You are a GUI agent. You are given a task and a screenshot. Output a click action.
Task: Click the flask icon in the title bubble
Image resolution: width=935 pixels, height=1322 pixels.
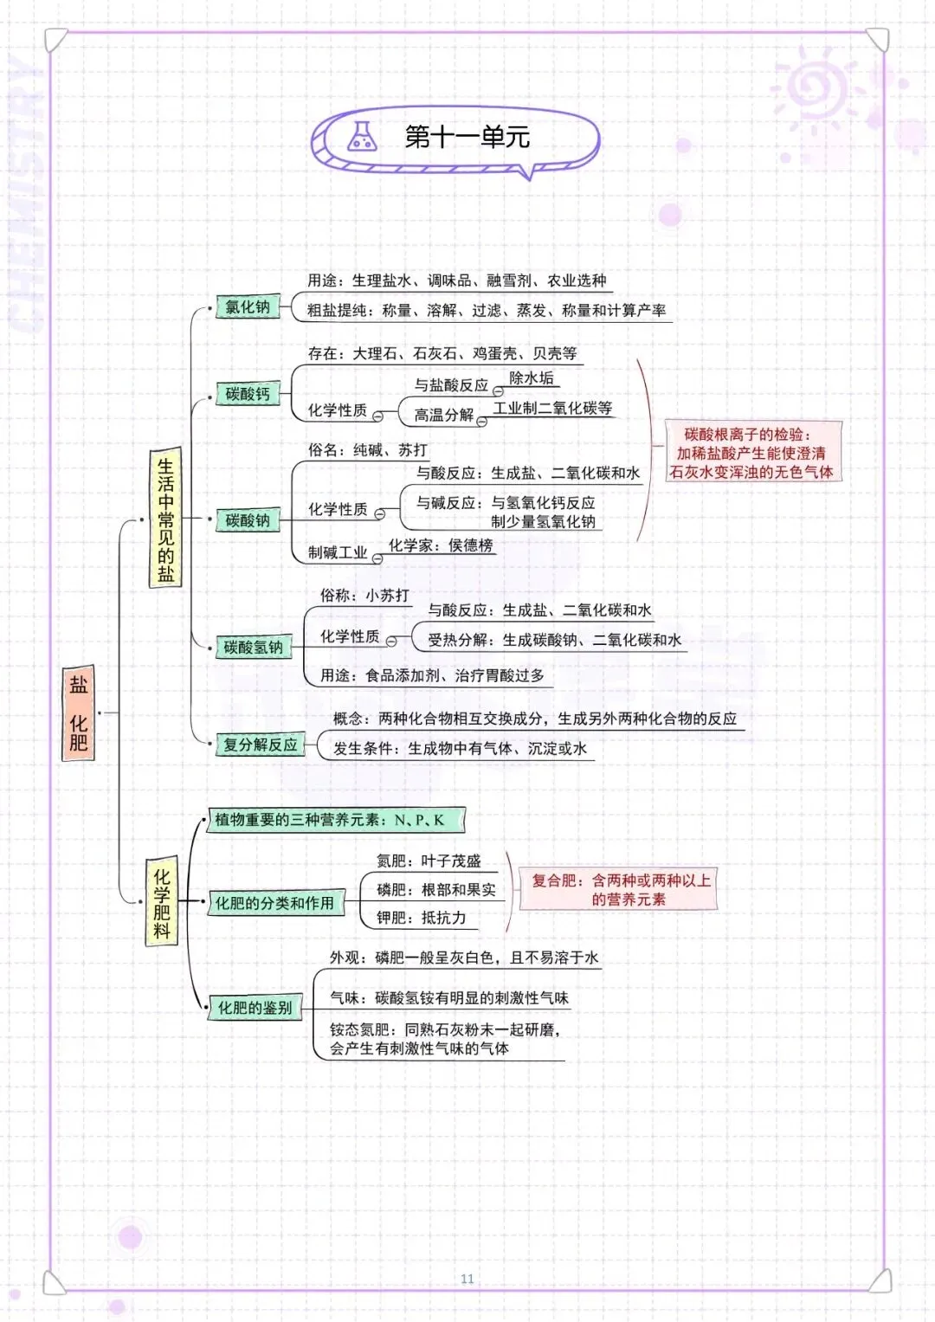[x=362, y=137]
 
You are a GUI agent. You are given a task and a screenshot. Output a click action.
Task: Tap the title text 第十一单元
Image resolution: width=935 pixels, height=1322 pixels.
[x=467, y=137]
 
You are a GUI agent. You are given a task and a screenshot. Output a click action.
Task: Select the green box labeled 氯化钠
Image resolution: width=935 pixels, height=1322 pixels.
[x=248, y=307]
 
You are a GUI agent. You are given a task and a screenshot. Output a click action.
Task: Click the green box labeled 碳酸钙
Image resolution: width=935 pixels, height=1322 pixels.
[x=248, y=395]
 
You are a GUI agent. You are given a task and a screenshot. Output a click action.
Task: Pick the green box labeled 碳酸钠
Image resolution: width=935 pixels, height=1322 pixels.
[x=248, y=520]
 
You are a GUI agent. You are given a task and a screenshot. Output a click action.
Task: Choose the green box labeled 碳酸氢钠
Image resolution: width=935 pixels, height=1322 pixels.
[x=253, y=648]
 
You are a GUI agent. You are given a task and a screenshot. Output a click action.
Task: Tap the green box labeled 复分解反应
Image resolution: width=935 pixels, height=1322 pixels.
[x=260, y=745]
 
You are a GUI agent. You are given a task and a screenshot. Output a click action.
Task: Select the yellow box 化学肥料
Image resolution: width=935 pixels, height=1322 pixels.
[x=162, y=904]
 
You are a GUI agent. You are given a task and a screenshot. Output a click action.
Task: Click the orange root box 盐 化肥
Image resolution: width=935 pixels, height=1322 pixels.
[x=79, y=713]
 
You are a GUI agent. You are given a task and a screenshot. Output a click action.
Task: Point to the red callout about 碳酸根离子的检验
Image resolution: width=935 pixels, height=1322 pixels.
[x=751, y=453]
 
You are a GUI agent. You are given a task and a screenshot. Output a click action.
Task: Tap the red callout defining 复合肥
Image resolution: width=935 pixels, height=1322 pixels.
[x=621, y=890]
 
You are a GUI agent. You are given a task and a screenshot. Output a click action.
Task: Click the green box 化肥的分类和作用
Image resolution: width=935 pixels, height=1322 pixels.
[x=274, y=904]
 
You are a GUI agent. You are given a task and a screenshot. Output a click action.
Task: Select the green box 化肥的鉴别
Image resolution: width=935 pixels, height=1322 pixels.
[x=255, y=1008]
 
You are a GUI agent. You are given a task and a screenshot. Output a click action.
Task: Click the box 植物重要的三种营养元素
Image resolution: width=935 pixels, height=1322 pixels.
[x=335, y=820]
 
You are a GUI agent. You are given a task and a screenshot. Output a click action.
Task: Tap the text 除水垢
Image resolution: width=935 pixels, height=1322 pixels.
[x=532, y=378]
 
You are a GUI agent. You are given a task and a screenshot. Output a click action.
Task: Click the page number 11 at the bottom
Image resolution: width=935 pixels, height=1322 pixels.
[x=467, y=1279]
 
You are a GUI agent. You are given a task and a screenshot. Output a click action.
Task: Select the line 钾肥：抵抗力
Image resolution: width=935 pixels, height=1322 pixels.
[x=422, y=918]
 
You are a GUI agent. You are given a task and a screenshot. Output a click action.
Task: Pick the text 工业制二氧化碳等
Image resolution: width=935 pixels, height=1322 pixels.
[x=552, y=409]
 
